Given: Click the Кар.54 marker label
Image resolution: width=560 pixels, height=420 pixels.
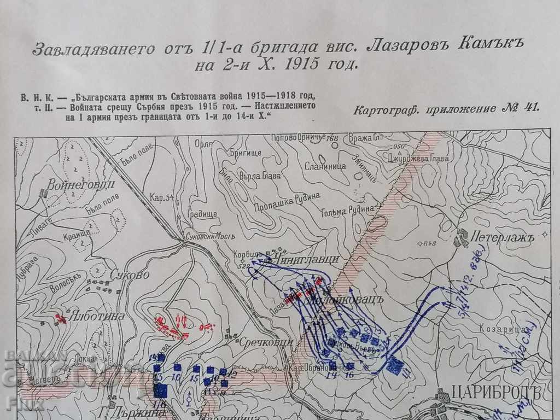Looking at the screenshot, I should [162, 197].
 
